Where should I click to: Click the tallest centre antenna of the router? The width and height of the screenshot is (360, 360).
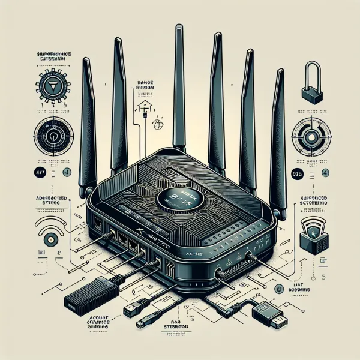pyautogui.click(x=179, y=90)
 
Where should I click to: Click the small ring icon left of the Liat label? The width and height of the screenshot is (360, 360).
pyautogui.click(x=278, y=289)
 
